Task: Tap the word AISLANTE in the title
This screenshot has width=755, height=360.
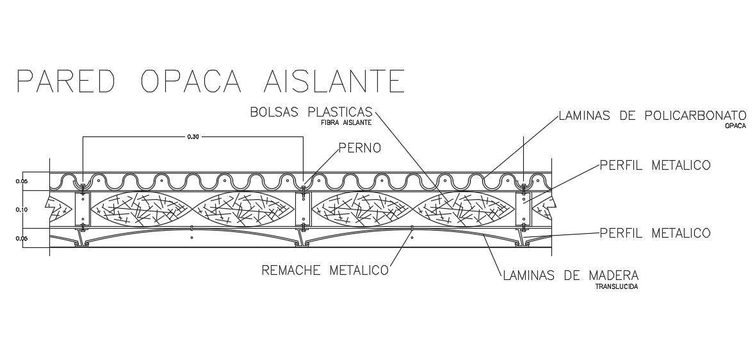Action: [x=334, y=82]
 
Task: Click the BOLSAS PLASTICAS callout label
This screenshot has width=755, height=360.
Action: [x=311, y=113]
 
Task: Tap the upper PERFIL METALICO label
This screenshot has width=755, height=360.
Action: [x=654, y=165]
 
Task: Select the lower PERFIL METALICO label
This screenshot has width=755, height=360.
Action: [x=654, y=232]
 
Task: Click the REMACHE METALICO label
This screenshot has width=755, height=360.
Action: [x=325, y=270]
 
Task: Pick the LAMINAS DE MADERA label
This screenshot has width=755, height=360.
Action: [x=571, y=276]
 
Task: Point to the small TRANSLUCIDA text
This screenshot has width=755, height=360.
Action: [x=617, y=287]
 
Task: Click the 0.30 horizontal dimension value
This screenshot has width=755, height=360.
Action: [x=193, y=136]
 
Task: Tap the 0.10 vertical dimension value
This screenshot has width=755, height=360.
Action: [x=20, y=209]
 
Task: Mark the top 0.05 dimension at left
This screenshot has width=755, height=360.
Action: [x=20, y=181]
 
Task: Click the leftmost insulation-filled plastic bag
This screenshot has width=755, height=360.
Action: [x=141, y=209]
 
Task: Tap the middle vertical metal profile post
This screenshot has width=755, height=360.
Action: [x=304, y=209]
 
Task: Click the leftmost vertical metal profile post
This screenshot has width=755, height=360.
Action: [x=83, y=209]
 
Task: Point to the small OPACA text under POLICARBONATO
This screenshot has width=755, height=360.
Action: [x=736, y=126]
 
